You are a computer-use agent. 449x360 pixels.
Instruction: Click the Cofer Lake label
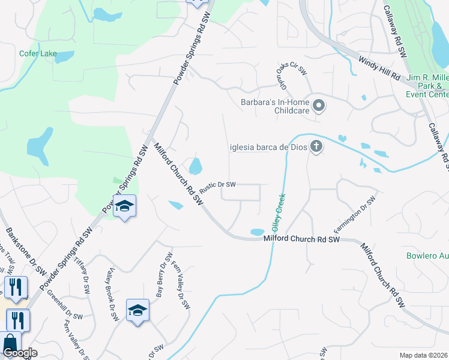click(x=37, y=54)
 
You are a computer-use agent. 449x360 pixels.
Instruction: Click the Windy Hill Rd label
click(x=379, y=68)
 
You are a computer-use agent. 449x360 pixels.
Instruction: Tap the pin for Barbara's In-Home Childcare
click(x=319, y=106)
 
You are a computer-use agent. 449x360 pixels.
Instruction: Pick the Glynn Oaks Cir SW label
click(x=292, y=76)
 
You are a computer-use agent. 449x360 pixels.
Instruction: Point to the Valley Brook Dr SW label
click(x=111, y=294)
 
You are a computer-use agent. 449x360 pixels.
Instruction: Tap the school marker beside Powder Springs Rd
click(x=124, y=206)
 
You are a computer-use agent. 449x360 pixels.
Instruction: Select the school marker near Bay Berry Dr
click(x=137, y=311)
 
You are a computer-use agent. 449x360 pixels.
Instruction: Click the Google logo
click(x=20, y=353)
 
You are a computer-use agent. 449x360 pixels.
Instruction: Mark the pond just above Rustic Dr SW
click(x=196, y=165)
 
